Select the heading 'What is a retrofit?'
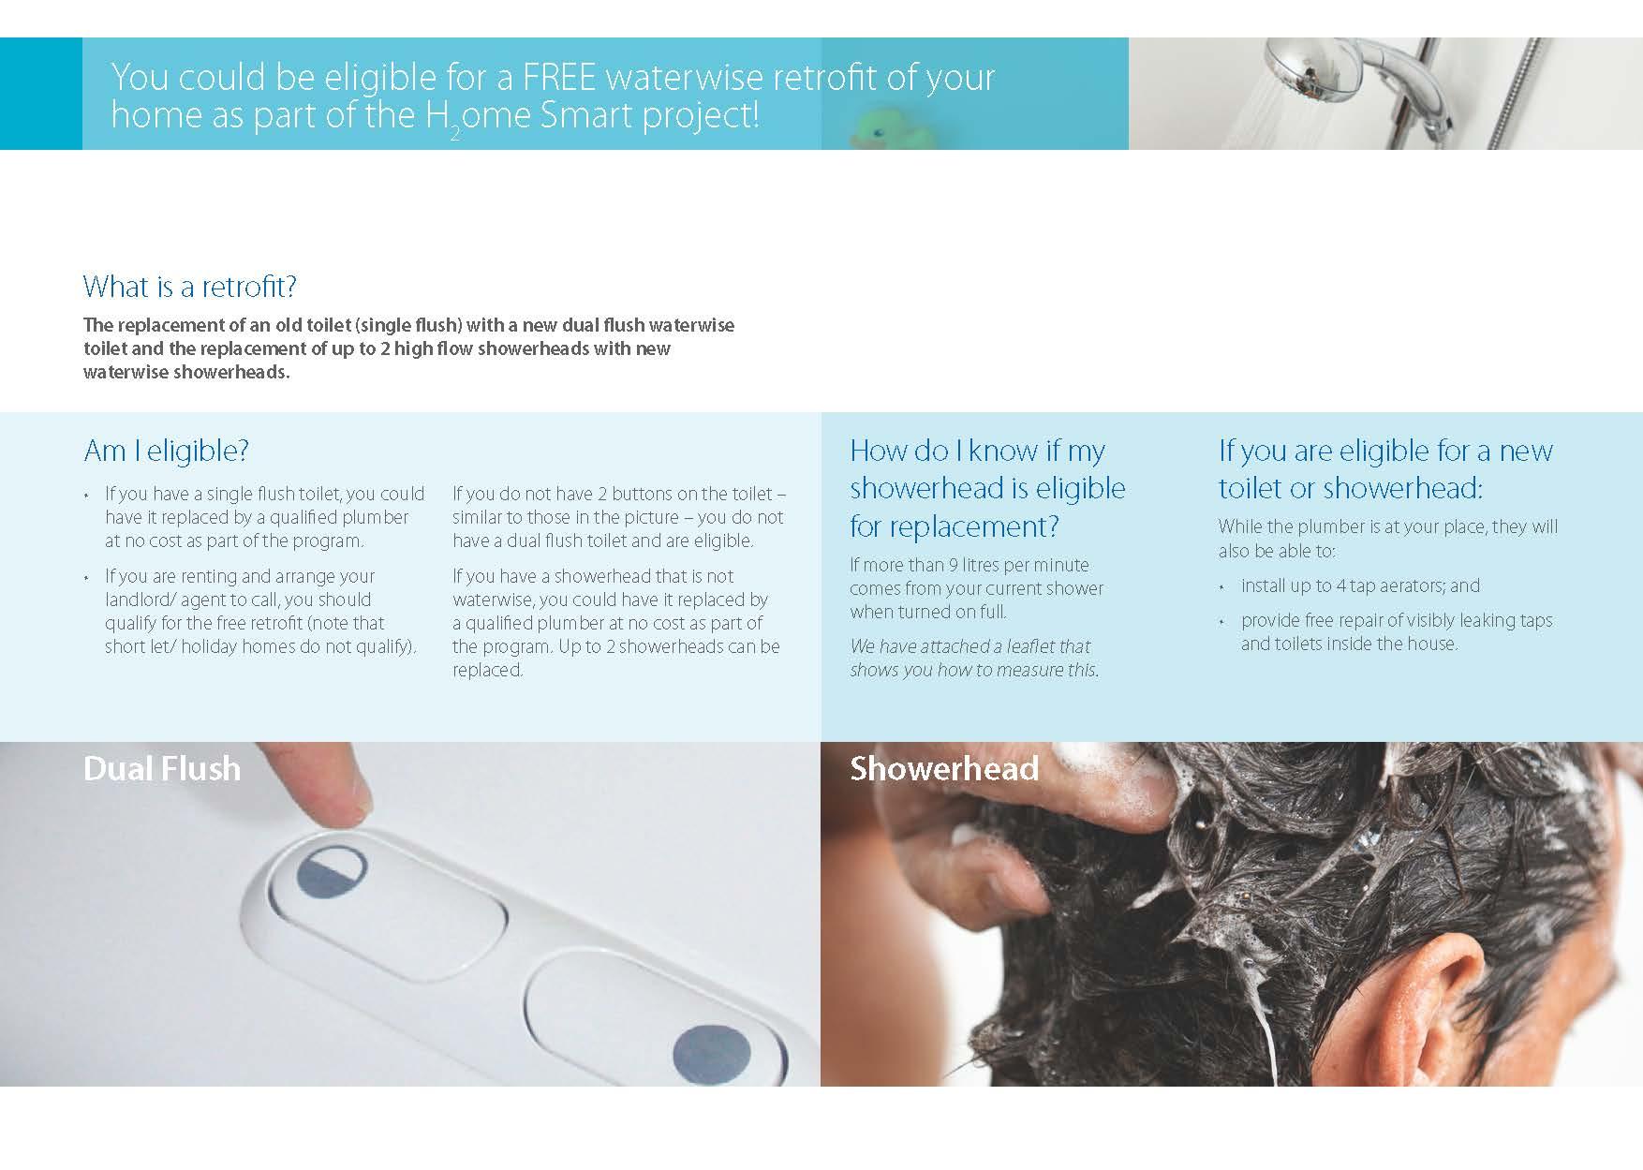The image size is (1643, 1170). (x=190, y=287)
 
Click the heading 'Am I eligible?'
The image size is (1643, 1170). (x=167, y=452)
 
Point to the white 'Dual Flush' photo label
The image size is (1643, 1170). (x=162, y=769)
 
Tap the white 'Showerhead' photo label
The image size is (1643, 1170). (x=944, y=769)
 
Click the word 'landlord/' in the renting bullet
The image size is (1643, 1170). (x=142, y=600)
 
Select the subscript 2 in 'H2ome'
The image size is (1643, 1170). (x=454, y=132)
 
